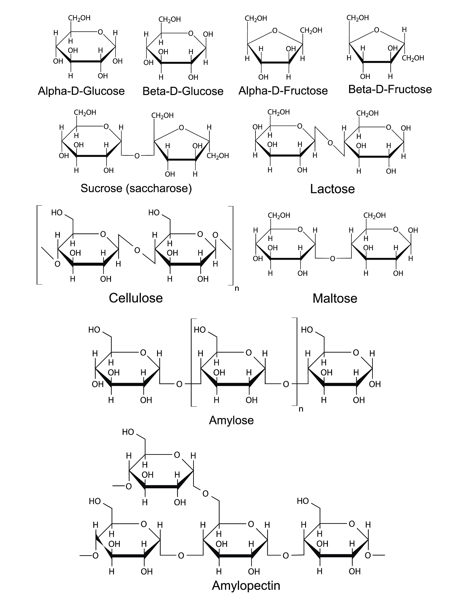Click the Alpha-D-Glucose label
[x=81, y=91]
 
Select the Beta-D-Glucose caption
[x=183, y=91]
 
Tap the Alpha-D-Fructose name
[x=283, y=91]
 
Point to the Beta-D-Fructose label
[x=390, y=89]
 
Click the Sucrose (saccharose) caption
[x=136, y=188]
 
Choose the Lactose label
[x=332, y=189]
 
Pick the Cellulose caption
[x=136, y=298]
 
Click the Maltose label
[x=335, y=298]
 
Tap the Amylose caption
[x=231, y=420]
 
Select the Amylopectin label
[x=246, y=585]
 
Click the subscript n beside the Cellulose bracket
[x=237, y=289]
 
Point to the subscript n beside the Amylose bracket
[x=301, y=409]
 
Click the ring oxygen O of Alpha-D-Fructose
[x=275, y=30]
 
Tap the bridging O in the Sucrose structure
[x=137, y=156]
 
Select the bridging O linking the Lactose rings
[x=330, y=143]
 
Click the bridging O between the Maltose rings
[x=333, y=259]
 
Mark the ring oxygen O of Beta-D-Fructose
[x=377, y=30]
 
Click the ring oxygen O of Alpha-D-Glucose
[x=100, y=32]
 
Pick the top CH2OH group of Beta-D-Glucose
[x=170, y=20]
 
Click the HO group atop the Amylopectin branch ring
[x=128, y=432]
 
